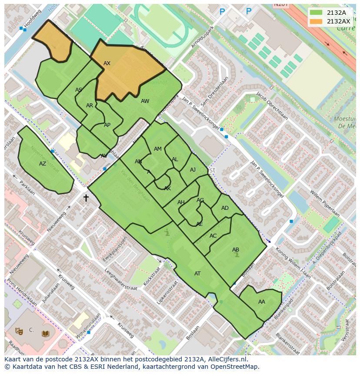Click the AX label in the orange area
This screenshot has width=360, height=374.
click(107, 63)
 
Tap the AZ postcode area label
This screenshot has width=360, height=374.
click(43, 164)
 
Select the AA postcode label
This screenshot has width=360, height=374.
click(261, 302)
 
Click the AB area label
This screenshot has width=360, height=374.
click(236, 250)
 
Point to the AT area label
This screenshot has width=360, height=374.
click(197, 274)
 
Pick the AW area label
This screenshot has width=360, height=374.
click(145, 101)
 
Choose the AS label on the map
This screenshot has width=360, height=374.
click(79, 90)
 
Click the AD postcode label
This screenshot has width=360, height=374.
click(225, 208)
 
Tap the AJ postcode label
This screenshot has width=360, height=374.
click(193, 170)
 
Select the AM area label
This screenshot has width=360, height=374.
click(158, 149)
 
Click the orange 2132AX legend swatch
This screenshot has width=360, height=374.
click(316, 21)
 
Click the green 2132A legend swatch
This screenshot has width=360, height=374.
click(316, 13)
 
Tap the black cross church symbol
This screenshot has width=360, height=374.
click(86, 198)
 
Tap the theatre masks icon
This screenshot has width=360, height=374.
click(19, 331)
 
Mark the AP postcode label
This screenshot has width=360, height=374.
click(107, 125)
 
